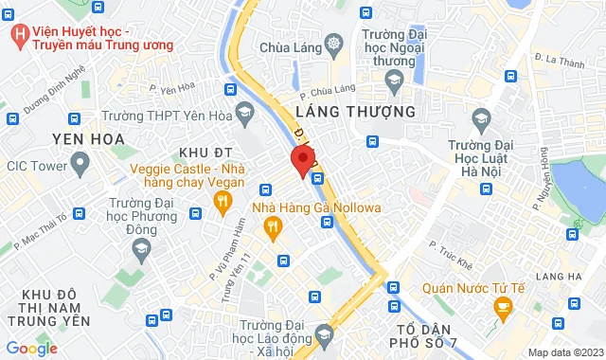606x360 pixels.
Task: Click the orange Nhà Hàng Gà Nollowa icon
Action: pos(273,225)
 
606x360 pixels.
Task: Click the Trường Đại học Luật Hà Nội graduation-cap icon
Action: pos(481,119)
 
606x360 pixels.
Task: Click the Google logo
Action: pos(31,348)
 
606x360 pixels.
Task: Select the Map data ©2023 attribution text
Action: pos(564,352)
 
